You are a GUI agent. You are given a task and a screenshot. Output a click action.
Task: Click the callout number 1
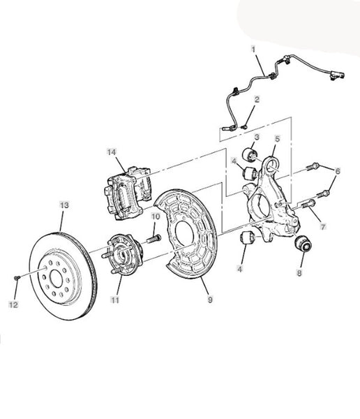pos(253,50)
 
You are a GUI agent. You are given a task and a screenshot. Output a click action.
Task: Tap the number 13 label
pos(64,205)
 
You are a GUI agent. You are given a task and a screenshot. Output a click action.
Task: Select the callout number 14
pos(112,152)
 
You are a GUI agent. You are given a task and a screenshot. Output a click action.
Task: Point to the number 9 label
pos(210,300)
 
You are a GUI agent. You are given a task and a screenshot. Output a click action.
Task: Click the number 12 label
pos(14,304)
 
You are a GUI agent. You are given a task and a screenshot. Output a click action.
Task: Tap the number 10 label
pos(156,216)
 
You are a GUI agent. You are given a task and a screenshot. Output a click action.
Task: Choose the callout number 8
pos(299,273)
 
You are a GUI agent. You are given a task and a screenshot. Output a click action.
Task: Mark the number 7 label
pos(323,227)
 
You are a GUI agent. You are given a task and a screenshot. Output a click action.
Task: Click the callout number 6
pos(338,171)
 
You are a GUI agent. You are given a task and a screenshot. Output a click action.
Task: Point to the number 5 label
pos(277,139)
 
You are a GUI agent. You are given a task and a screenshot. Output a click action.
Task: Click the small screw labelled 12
pos(17,278)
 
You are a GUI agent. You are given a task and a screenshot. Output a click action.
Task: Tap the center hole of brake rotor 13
pos(56,279)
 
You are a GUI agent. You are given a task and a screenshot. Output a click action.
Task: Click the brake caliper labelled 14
pos(127,193)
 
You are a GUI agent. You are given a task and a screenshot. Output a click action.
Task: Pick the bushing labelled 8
pos(303,243)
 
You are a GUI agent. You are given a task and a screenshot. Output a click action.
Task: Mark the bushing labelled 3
pos(250,154)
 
